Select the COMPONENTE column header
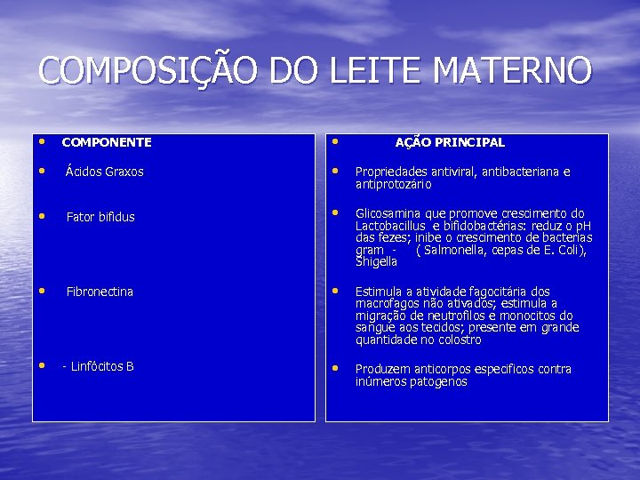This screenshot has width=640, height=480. pos(107,142)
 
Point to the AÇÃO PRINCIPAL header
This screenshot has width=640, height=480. pos(450,142)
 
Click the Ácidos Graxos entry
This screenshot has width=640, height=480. pos(104,172)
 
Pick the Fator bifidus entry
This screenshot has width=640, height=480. pos(100,217)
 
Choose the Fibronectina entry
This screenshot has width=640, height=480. pos(100,292)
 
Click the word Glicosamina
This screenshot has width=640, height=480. pos(388,213)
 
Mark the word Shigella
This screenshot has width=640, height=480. pos(376,262)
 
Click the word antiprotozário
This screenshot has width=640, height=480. pos(393,184)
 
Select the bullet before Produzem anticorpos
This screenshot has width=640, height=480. pos(335,368)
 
